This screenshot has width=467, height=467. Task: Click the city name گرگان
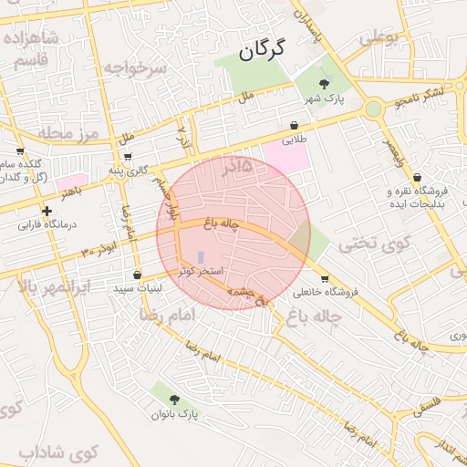pyautogui.click(x=263, y=49)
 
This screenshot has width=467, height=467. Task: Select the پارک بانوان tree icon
pyautogui.click(x=173, y=399)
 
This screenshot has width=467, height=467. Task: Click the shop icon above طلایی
pyautogui.click(x=294, y=125)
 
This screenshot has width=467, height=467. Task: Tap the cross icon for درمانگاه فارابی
pyautogui.click(x=47, y=211)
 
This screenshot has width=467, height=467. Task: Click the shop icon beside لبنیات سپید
pyautogui.click(x=137, y=275)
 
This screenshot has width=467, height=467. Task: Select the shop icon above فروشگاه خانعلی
pyautogui.click(x=326, y=278)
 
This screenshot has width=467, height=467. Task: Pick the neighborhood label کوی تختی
pyautogui.click(x=364, y=244)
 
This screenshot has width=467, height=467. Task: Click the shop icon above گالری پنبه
pyautogui.click(x=126, y=156)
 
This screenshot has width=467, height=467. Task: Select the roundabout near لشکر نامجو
pyautogui.click(x=372, y=109)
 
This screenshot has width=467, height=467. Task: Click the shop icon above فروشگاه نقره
pyautogui.click(x=417, y=177)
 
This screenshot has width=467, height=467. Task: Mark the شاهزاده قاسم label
pyautogui.click(x=31, y=47)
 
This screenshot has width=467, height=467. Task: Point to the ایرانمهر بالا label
pyautogui.click(x=55, y=285)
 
